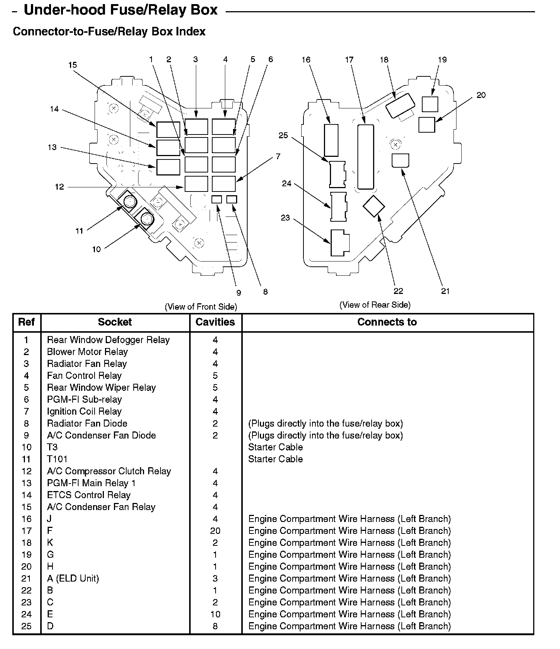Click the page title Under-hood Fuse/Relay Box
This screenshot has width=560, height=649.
[120, 10]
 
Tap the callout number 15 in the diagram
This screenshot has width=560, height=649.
[72, 65]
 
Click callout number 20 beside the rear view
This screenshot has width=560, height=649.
[481, 95]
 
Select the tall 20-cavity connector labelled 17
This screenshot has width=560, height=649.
[365, 157]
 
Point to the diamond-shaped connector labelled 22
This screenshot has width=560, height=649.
[374, 206]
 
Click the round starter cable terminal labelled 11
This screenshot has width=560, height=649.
[129, 203]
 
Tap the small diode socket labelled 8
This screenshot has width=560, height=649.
[232, 199]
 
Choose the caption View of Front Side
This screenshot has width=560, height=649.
[201, 307]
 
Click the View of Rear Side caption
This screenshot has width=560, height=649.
[375, 305]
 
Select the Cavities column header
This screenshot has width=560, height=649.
[215, 322]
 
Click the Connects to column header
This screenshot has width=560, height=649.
[387, 322]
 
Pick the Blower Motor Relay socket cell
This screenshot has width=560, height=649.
[87, 352]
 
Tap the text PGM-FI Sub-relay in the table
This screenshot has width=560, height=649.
[84, 400]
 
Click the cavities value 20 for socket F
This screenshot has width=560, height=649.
[215, 531]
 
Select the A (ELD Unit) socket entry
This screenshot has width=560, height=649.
[73, 579]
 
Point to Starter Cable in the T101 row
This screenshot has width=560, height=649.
[275, 459]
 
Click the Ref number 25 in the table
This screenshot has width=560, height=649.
[26, 626]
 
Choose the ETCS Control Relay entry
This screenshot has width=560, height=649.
[89, 495]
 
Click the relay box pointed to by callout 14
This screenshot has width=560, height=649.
[168, 148]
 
